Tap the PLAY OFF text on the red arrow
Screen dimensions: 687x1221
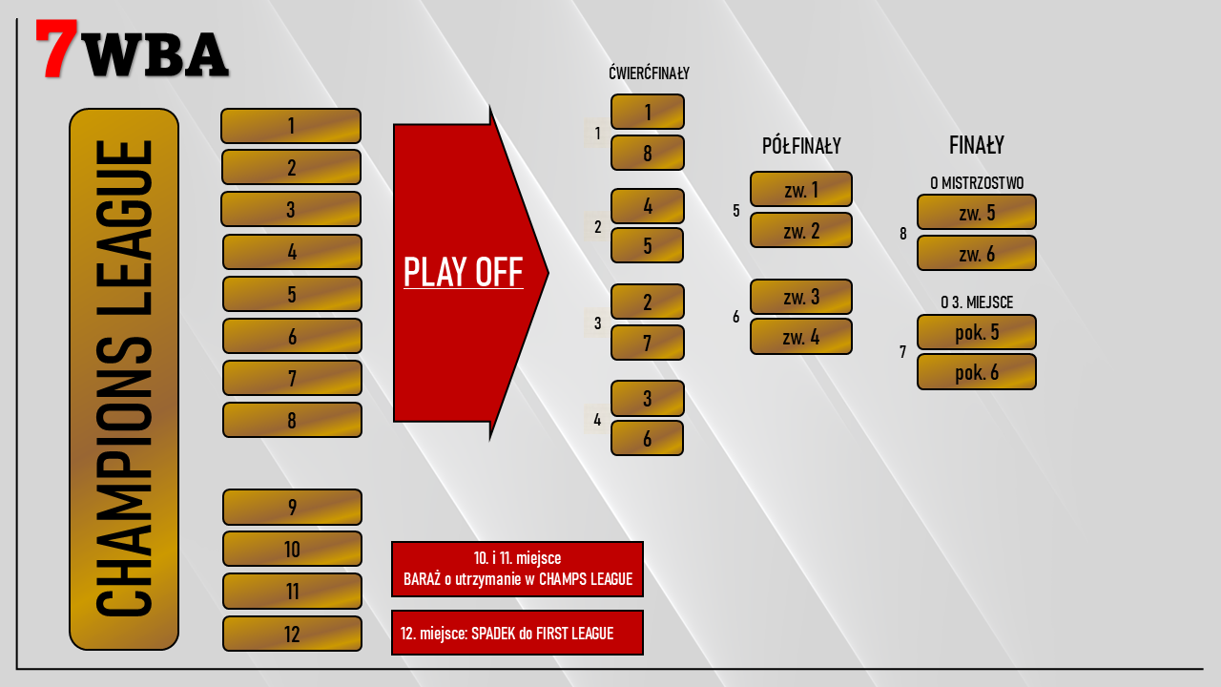463,273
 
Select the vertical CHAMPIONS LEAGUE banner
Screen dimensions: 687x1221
124,379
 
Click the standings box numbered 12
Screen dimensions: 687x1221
292,634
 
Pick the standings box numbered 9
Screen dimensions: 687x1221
292,507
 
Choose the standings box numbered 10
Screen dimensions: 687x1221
292,549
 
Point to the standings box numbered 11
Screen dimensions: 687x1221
292,591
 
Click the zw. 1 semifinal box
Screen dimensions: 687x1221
800,189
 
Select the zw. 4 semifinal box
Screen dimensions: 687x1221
800,336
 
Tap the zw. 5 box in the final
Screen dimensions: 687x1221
976,212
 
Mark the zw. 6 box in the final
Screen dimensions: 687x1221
976,253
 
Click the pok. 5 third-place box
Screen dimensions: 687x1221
976,332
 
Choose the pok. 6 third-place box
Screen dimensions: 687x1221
976,372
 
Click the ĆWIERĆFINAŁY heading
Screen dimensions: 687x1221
649,73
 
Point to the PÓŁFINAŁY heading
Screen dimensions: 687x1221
801,146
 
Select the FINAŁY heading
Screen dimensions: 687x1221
976,145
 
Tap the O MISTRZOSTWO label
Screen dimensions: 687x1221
976,182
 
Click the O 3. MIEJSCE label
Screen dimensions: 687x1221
976,302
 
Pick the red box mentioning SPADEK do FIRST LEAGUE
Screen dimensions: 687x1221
517,633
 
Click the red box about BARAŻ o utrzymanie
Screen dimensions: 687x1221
517,569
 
